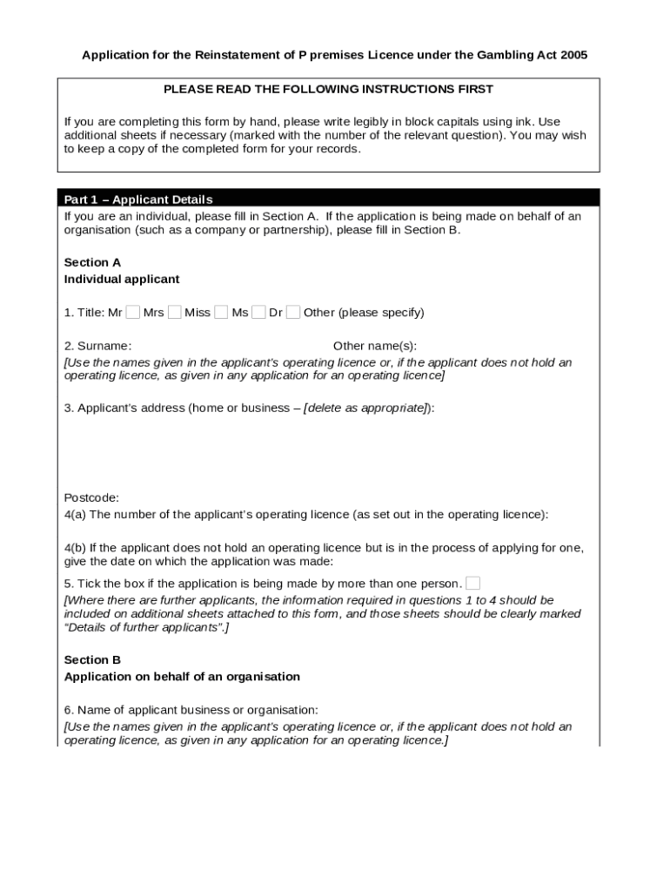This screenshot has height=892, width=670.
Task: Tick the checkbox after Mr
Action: pos(132,312)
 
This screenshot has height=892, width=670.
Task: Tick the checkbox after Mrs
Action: pos(175,312)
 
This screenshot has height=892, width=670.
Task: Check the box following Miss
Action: pos(221,312)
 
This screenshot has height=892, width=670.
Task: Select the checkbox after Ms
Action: pos(258,312)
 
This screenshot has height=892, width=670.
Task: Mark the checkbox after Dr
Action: pos(293,312)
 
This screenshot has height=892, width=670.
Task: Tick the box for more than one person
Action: pos(472,583)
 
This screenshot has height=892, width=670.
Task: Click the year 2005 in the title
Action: pos(574,55)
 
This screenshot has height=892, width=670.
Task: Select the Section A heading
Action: pos(92,262)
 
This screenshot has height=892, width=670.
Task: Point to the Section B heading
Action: pos(92,659)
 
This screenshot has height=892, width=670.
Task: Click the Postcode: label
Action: pos(91,497)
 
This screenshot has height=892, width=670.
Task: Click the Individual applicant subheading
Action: pos(122,279)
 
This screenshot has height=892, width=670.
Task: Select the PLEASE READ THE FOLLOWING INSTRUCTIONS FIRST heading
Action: pos(328,89)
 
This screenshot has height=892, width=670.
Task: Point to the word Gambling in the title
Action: pos(505,55)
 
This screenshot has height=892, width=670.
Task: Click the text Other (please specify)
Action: pos(364,312)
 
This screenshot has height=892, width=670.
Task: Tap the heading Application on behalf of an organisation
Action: pos(182,676)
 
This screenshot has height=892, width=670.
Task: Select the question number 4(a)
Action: pos(75,514)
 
